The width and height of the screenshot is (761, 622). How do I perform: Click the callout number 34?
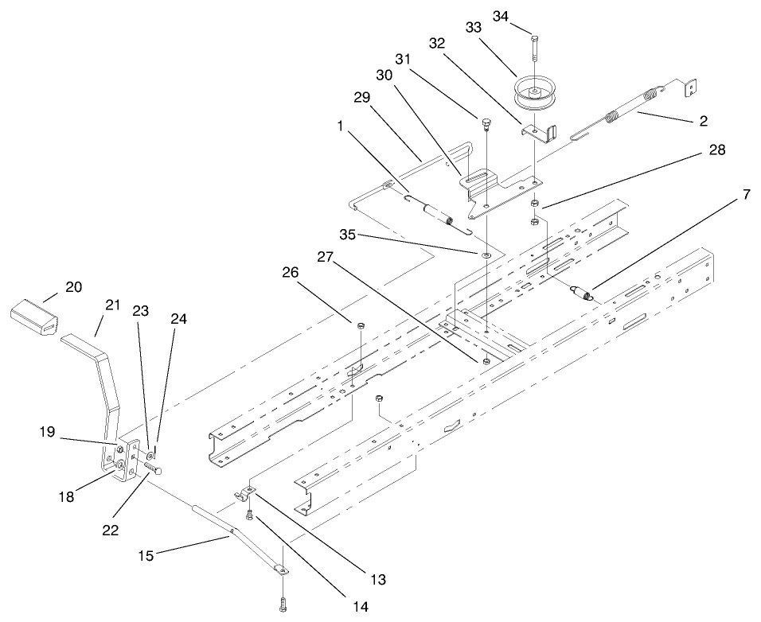501,16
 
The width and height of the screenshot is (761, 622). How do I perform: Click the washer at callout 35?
486,255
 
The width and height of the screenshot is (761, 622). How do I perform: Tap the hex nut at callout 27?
486,362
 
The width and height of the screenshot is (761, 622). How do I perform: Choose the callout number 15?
146,555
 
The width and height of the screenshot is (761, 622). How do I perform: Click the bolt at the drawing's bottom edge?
283,604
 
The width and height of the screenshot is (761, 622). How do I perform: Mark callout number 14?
360,606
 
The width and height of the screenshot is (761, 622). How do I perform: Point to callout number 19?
48,431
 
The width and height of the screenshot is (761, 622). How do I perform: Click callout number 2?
703,121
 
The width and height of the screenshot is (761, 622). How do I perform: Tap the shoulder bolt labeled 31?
486,124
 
